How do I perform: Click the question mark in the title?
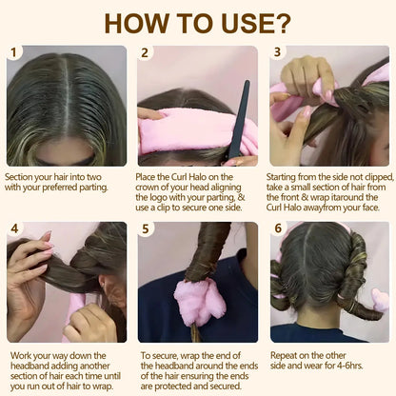(283, 22)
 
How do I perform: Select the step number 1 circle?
(14, 53)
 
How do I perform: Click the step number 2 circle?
(146, 53)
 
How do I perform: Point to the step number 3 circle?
(278, 53)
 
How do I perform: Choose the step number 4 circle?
(14, 229)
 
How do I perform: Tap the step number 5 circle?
(146, 229)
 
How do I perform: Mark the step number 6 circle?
(278, 229)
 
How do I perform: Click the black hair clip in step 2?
(238, 119)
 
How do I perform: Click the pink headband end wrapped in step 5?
(200, 300)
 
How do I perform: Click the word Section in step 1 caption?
(21, 176)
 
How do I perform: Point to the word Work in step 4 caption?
(17, 352)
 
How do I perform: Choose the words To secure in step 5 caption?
(160, 352)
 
